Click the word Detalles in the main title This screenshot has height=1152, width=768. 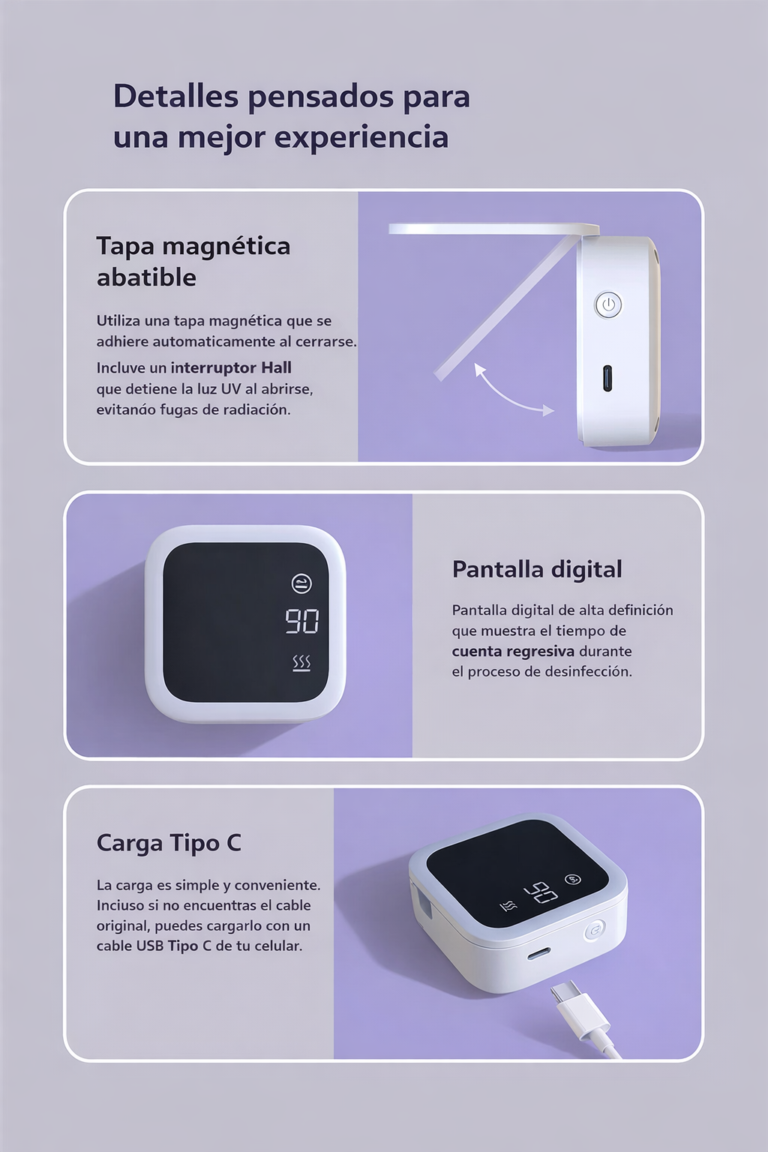(175, 97)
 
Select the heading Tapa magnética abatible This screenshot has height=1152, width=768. (193, 261)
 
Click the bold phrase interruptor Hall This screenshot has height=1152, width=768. (231, 367)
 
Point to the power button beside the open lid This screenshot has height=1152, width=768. (608, 305)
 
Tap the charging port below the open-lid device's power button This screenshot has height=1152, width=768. (607, 377)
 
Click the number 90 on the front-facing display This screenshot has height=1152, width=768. (301, 621)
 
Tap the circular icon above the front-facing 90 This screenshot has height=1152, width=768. (301, 583)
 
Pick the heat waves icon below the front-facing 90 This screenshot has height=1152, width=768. (301, 663)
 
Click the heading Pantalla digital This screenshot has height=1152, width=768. (537, 569)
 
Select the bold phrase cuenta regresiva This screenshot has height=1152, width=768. (513, 651)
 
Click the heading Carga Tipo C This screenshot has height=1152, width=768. (169, 843)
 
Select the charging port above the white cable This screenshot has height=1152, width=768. (538, 953)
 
